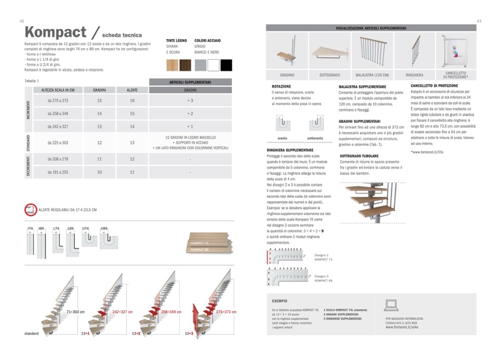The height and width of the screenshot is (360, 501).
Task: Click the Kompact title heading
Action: [56, 32]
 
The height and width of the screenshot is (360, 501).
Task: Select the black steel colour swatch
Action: [226, 65]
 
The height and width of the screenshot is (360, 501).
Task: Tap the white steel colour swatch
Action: [213, 65]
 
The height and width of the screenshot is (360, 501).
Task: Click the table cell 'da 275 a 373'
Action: [58, 101]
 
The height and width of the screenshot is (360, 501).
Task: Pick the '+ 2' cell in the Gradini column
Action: [190, 114]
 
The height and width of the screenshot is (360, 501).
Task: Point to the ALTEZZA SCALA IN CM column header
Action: [58, 90]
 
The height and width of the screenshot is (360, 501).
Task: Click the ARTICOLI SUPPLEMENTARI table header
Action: [190, 82]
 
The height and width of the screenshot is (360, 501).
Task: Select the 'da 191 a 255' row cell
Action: [58, 172]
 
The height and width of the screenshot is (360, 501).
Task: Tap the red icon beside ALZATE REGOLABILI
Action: [30, 209]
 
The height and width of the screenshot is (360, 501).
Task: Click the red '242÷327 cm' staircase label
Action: [122, 312]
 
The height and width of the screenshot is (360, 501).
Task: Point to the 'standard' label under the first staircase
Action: [31, 334]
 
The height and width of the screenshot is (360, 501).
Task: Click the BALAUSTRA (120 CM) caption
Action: [372, 75]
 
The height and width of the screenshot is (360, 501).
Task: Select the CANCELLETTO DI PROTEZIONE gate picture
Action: [455, 51]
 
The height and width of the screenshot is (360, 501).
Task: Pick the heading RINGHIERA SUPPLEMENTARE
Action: [290, 150]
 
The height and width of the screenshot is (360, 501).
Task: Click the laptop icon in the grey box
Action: [391, 305]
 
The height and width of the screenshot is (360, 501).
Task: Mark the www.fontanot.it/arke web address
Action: [402, 327]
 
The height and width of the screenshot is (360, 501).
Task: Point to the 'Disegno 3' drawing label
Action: [321, 276]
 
